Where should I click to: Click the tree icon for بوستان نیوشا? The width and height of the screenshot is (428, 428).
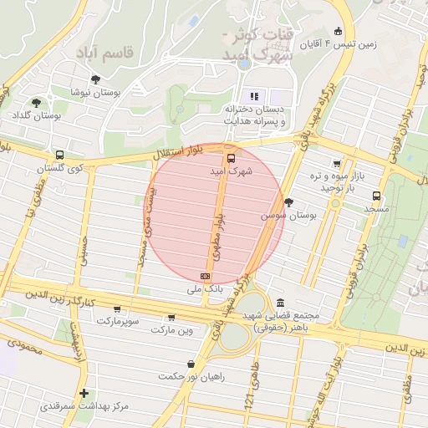[95, 79]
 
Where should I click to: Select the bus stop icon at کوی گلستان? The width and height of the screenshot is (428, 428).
[59, 155]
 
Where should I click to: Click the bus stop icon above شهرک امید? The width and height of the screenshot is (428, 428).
[231, 157]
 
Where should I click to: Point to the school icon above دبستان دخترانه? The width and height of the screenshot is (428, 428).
[255, 96]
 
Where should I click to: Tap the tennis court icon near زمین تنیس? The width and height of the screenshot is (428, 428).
[339, 28]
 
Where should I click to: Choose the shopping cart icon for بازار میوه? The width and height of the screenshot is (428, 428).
[337, 164]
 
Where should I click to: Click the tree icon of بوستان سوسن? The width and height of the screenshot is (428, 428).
[289, 201]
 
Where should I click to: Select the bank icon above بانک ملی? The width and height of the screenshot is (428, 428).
[205, 276]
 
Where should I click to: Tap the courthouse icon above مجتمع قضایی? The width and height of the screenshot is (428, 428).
[279, 302]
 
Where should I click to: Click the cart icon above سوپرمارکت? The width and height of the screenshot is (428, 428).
[123, 308]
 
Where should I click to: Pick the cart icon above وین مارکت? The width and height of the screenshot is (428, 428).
[172, 318]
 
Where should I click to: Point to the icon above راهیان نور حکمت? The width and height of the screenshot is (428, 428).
[192, 364]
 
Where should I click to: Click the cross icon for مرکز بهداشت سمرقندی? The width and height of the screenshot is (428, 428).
[84, 393]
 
